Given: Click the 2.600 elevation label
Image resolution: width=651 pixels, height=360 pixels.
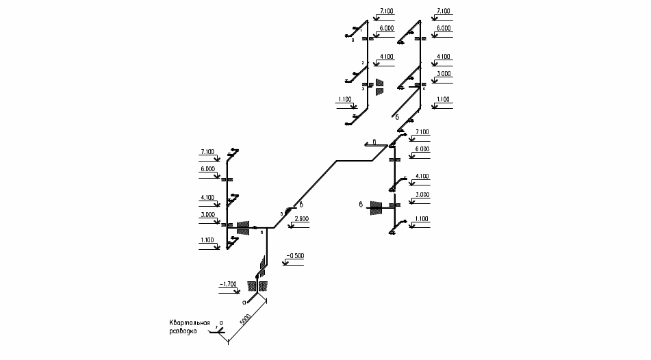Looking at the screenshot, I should click(301, 218).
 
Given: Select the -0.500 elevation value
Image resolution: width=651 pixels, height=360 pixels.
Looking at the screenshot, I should click(295, 255).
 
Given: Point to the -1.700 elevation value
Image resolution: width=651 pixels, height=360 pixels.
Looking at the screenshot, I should click(227, 283).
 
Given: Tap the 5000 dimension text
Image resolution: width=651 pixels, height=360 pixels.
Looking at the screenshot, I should click(244, 320).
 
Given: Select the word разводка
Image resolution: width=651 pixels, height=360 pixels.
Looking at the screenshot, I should click(183, 331).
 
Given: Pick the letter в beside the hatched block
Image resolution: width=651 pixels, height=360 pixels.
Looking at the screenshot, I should click(360, 203).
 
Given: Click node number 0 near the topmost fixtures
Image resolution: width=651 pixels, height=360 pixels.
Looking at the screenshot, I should click(353, 40).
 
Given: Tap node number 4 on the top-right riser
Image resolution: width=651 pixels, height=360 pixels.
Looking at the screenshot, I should click(424, 88).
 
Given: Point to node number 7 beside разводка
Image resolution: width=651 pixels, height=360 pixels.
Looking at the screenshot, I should click(216, 328).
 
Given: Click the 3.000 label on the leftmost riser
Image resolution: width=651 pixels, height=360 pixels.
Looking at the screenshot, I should click(207, 214).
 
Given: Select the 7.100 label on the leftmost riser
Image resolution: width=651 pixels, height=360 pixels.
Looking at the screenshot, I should click(207, 151).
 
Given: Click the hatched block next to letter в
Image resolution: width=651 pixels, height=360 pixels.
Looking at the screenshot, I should click(375, 207).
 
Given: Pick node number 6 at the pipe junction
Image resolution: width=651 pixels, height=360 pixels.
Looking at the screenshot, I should click(261, 233).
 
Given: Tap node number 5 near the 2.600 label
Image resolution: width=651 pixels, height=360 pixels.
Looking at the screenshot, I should click(281, 214).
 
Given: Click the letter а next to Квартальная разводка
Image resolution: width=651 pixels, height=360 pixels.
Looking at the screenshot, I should click(221, 321).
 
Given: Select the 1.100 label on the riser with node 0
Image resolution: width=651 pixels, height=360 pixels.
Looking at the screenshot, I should click(344, 99).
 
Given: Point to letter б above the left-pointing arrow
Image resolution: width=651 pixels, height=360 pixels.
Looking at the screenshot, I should click(374, 141).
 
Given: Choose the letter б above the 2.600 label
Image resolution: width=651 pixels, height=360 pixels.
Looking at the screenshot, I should click(301, 205).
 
